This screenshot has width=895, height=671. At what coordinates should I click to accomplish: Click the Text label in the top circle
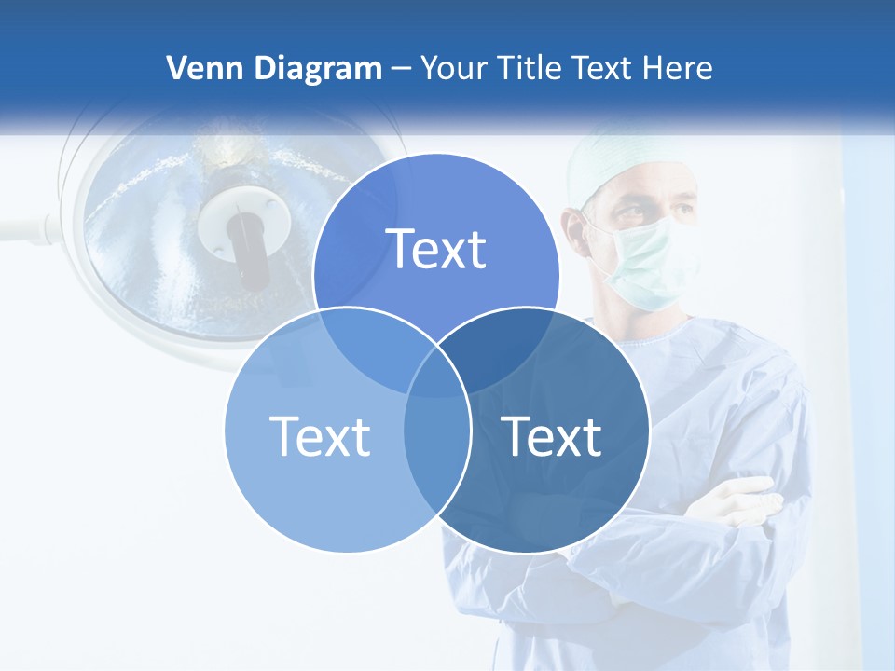(436, 250)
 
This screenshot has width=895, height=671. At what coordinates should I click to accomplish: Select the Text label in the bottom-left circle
(320, 436)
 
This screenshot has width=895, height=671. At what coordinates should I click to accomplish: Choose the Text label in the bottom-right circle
(552, 436)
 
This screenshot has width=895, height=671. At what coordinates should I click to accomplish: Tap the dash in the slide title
(401, 69)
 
